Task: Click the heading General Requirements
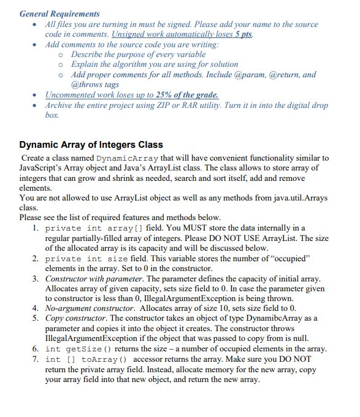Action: (59, 13)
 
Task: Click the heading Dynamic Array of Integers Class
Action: (91, 145)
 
